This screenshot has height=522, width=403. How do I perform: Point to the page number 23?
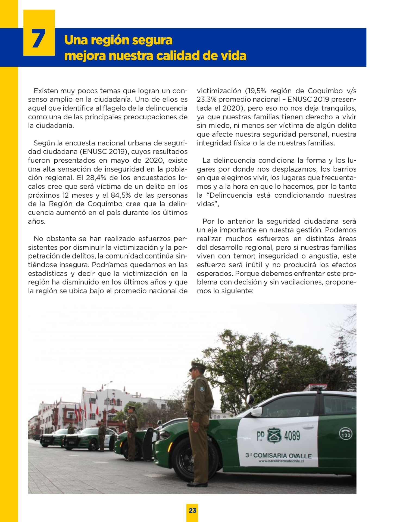coord(192,510)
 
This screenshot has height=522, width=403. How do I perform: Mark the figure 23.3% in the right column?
coord(206,100)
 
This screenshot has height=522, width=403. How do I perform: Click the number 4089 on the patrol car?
coord(292,436)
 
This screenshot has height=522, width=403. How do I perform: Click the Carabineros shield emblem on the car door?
coord(274,435)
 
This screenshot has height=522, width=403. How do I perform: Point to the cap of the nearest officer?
coord(198,366)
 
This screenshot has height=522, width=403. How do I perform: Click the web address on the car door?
coord(281,461)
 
